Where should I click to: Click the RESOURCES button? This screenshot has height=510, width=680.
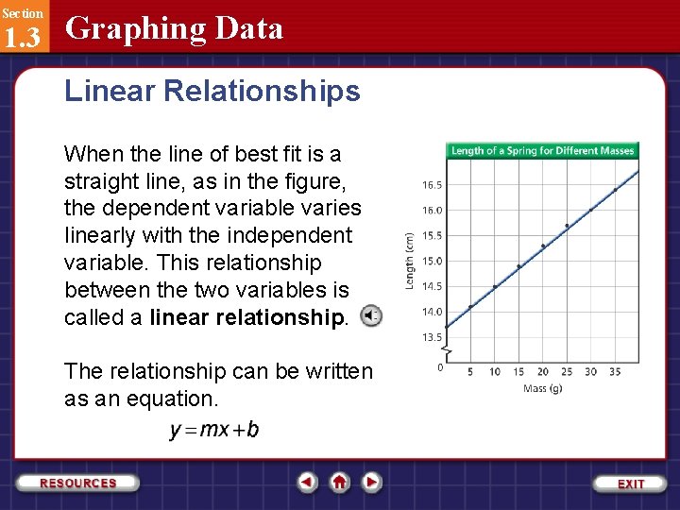78,483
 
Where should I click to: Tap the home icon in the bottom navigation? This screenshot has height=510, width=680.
340,483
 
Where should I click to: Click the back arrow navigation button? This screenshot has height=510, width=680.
307,483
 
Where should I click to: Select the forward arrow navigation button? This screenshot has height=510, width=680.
372,483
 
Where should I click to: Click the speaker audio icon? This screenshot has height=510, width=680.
372,315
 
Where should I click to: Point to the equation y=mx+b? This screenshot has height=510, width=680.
214,431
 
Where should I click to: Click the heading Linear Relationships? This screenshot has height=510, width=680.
212,92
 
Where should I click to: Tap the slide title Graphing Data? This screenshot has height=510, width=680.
174,28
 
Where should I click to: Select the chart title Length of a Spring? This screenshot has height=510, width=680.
542,150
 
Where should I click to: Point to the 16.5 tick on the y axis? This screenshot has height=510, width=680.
432,185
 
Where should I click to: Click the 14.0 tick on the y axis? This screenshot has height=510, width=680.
432,312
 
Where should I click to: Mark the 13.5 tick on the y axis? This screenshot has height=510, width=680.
432,337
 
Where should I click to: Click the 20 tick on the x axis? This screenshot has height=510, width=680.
543,371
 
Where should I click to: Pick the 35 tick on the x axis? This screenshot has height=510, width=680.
615,371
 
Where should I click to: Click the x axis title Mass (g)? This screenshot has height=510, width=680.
542,388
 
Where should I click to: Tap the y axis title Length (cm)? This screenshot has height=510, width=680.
409,261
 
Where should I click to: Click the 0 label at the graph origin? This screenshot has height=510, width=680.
441,367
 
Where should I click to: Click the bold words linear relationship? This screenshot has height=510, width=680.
248,317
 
